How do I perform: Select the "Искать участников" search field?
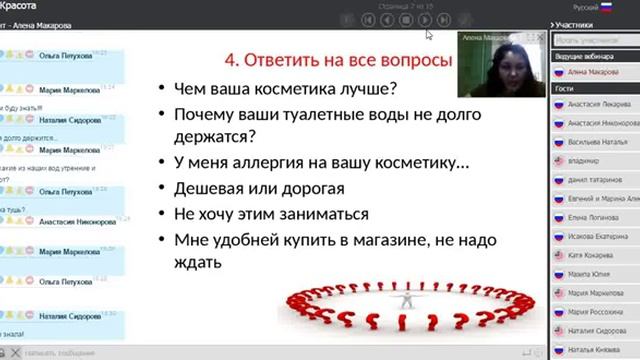(590, 40)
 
